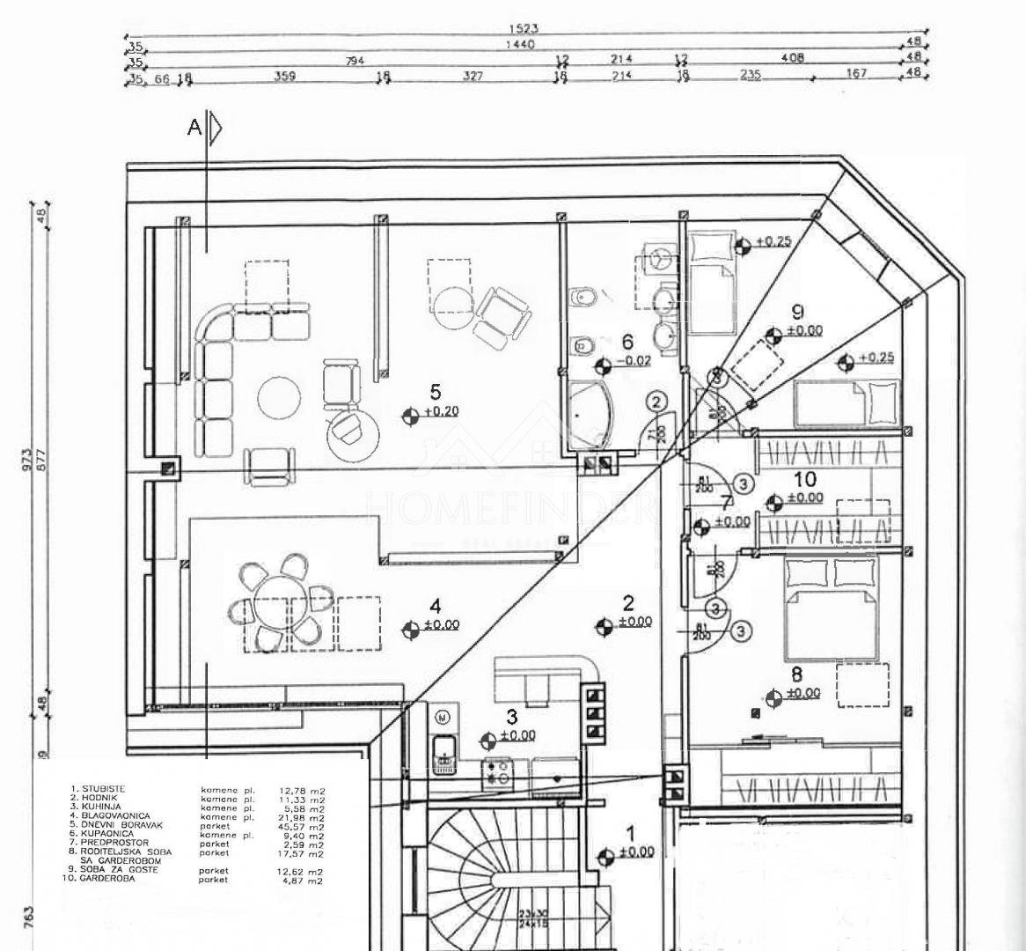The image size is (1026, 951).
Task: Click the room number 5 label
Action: [435, 390]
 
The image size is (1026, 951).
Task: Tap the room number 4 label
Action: [435, 606]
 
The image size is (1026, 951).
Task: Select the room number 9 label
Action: [797, 311]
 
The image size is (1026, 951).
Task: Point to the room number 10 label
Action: [804, 480]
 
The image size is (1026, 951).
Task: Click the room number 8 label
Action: [797, 675]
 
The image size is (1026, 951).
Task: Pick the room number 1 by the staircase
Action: [629, 833]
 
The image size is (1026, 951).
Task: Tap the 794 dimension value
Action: [355, 60]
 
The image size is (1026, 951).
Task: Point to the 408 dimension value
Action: [789, 58]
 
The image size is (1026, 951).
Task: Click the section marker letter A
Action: [194, 129]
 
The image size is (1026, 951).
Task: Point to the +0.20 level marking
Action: [441, 411]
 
